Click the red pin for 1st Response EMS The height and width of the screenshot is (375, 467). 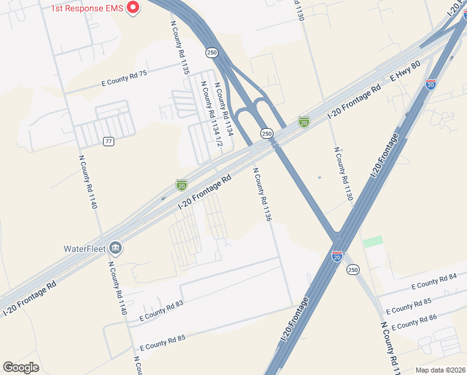[x=133, y=7]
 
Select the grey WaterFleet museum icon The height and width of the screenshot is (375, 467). [x=116, y=248]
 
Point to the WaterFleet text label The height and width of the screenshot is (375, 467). [x=84, y=248]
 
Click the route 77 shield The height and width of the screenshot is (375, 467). [x=109, y=141]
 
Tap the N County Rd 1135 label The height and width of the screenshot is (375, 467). [x=179, y=47]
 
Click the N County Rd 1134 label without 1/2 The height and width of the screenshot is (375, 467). [x=224, y=109]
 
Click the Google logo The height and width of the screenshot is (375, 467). [x=21, y=367]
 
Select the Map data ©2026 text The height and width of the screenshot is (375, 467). [x=440, y=370]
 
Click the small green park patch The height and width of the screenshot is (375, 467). [x=373, y=241]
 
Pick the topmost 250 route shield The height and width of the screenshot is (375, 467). [x=212, y=52]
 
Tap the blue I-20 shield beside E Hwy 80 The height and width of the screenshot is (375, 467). [x=431, y=84]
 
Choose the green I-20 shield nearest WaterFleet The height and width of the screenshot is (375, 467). [x=181, y=185]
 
